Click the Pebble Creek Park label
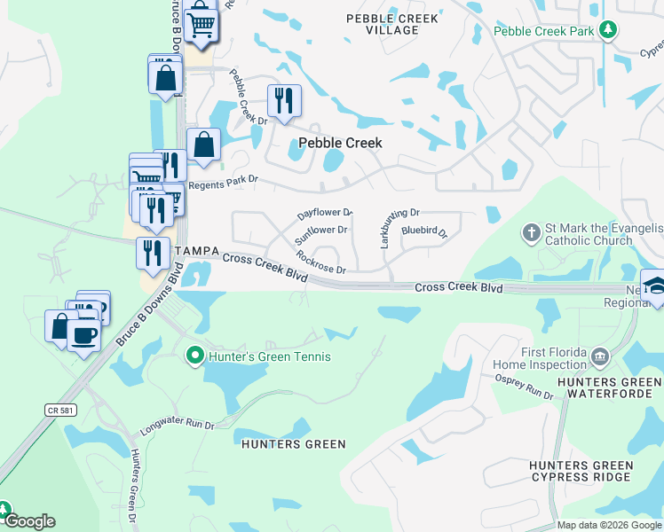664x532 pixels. click(543, 30)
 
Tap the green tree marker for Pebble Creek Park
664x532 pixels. click(607, 30)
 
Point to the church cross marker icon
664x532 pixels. click(531, 233)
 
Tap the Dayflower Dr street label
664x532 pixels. click(326, 214)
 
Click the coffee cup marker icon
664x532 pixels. click(84, 335)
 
